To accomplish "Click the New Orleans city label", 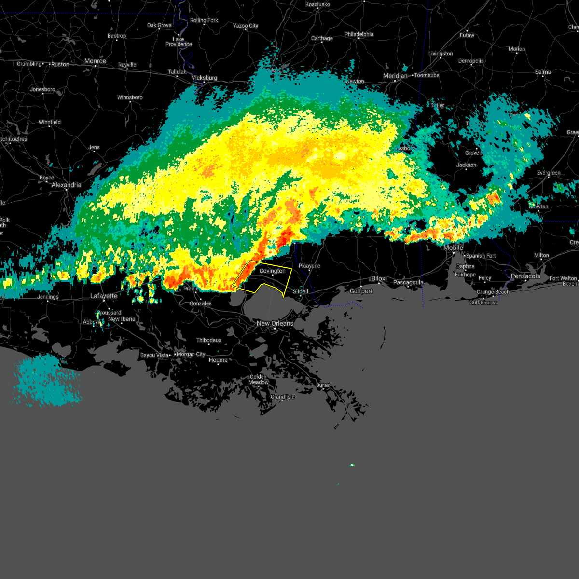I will (x=275, y=323).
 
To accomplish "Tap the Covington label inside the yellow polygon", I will (x=273, y=271).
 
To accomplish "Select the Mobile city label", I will (x=453, y=248).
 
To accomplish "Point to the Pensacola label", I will (x=525, y=276).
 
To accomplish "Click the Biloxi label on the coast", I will (x=379, y=279).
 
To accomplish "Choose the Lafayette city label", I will (x=104, y=296).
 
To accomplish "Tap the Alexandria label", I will (x=66, y=185).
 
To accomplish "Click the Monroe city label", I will (x=95, y=61).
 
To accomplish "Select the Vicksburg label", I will (x=204, y=78).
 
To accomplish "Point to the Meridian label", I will (x=395, y=76).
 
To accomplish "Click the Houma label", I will (x=218, y=360).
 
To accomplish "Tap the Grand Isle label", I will (x=282, y=397).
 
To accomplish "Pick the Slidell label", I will (x=301, y=291).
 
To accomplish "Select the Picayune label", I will (x=309, y=266).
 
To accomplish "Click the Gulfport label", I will (x=361, y=291).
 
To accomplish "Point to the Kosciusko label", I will (x=317, y=4).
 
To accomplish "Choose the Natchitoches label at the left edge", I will (x=14, y=139).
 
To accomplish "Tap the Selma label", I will (x=543, y=72).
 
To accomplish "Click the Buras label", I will (x=323, y=385).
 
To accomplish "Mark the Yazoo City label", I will (x=246, y=26).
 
